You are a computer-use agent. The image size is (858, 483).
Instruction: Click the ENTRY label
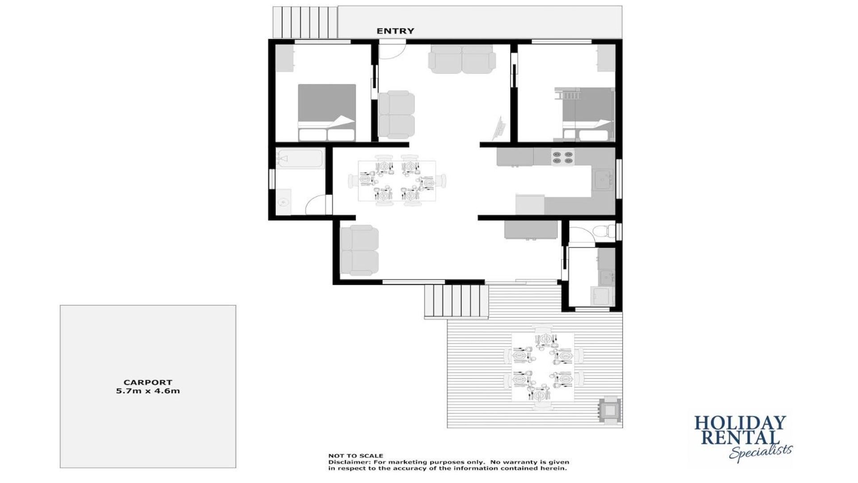[x=395, y=31]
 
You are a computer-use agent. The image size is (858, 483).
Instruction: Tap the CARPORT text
[x=148, y=382]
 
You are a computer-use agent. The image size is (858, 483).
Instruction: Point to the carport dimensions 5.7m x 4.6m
[x=148, y=391]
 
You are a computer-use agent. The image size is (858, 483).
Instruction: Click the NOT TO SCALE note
[x=356, y=456]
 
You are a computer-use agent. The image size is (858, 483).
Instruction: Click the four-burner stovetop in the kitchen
[x=562, y=157]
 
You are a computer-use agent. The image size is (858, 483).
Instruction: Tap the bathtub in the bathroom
[x=300, y=159]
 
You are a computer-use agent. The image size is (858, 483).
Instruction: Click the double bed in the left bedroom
[x=327, y=113]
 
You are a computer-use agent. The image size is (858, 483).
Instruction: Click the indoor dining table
[x=397, y=181]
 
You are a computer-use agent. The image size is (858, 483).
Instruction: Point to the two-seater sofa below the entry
[x=462, y=59]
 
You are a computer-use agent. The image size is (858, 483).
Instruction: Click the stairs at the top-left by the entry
[x=305, y=22]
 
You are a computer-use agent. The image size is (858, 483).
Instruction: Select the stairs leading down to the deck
[x=456, y=301]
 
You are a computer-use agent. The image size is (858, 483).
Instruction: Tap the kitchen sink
[x=603, y=180]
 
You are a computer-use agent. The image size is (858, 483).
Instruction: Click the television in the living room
[x=499, y=128]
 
